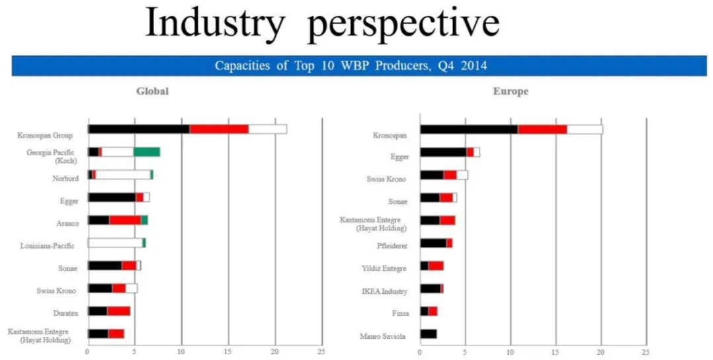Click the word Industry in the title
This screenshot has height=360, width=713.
(215, 24)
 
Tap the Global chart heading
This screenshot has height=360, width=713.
(152, 91)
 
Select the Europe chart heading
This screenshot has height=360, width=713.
(511, 91)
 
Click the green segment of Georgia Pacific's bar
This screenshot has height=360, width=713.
(147, 152)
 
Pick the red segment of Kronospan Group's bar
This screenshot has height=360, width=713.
(219, 129)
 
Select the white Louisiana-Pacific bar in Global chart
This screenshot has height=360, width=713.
(115, 243)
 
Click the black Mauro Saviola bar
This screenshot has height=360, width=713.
(428, 334)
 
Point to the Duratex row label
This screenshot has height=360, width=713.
(65, 312)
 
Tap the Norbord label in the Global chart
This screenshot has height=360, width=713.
(65, 178)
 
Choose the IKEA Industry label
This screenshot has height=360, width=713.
(384, 291)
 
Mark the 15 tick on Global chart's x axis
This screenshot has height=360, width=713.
(228, 351)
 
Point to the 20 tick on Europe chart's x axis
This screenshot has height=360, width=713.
(601, 351)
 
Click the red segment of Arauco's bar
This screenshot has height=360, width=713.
(125, 220)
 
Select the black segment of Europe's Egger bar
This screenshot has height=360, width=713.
(443, 152)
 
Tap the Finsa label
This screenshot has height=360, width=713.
(399, 313)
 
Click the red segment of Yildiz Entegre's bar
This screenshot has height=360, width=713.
(436, 266)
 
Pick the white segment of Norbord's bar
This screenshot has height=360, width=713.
(123, 175)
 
